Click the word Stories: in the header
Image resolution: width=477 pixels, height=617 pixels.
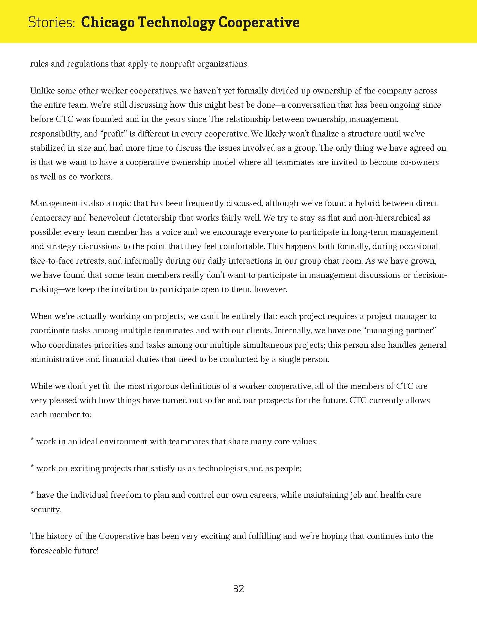[x=52, y=23]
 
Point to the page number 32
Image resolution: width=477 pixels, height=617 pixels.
[x=238, y=589]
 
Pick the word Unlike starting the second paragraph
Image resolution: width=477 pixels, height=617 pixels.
[x=42, y=91]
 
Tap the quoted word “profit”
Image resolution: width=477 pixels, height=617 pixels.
[x=114, y=134]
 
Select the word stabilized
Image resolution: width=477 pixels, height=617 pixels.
[x=48, y=148]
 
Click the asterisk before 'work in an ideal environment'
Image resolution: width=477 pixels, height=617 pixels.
[x=32, y=440]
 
